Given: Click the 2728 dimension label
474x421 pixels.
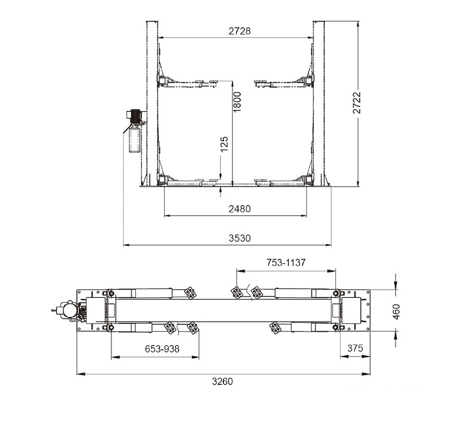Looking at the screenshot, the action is coord(239,31).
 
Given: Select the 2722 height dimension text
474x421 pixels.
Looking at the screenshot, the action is coord(357,103).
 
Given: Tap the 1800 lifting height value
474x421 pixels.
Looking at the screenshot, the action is coord(238,102).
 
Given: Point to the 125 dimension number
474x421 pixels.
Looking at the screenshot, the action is coord(224,144).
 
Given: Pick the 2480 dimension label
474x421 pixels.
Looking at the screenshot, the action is coord(239,209).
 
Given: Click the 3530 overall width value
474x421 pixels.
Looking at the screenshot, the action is coord(239,238).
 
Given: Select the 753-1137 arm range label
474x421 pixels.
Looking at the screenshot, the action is coord(286,262).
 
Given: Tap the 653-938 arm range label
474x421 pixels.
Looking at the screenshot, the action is coord(162,349).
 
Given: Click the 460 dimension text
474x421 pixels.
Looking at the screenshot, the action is coord(396,312).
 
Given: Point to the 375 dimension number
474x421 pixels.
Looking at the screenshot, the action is coord(355,348).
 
